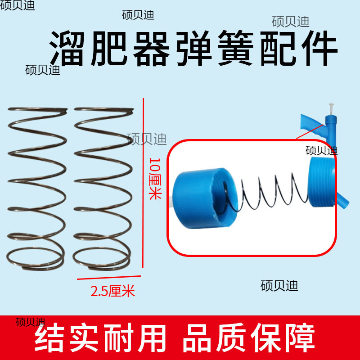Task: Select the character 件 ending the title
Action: [x=315, y=49]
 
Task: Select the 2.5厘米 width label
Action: [x=113, y=291]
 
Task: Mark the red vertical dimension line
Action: [x=143, y=180]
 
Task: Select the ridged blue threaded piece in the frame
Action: [x=321, y=185]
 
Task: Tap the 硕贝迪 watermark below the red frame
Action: [x=279, y=286]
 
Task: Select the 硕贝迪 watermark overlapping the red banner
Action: [x=31, y=322]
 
